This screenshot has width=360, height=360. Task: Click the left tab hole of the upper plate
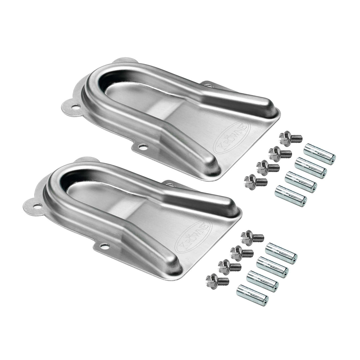point(76,107)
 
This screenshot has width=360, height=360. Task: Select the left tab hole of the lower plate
point(38,206)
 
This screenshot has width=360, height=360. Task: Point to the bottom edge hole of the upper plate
point(143,146)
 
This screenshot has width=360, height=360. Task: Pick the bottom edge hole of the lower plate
point(105,246)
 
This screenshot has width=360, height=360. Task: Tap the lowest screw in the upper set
point(255,182)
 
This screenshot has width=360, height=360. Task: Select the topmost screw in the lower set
point(252,238)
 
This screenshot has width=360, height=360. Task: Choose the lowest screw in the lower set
point(217,281)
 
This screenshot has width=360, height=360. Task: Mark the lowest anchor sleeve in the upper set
point(290,196)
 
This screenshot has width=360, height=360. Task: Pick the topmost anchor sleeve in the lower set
point(281,254)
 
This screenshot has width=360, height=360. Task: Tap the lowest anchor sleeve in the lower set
point(252,295)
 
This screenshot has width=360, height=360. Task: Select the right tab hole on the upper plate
point(209,86)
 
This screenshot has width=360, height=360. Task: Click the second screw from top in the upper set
point(279,153)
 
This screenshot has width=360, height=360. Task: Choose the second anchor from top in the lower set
point(272,267)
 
